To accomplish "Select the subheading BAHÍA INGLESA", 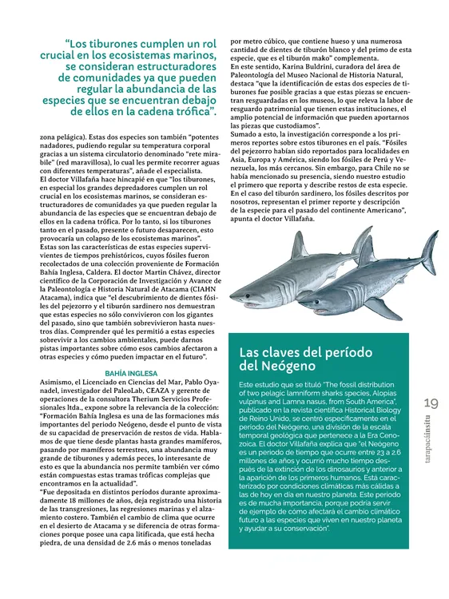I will coord(132,373).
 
